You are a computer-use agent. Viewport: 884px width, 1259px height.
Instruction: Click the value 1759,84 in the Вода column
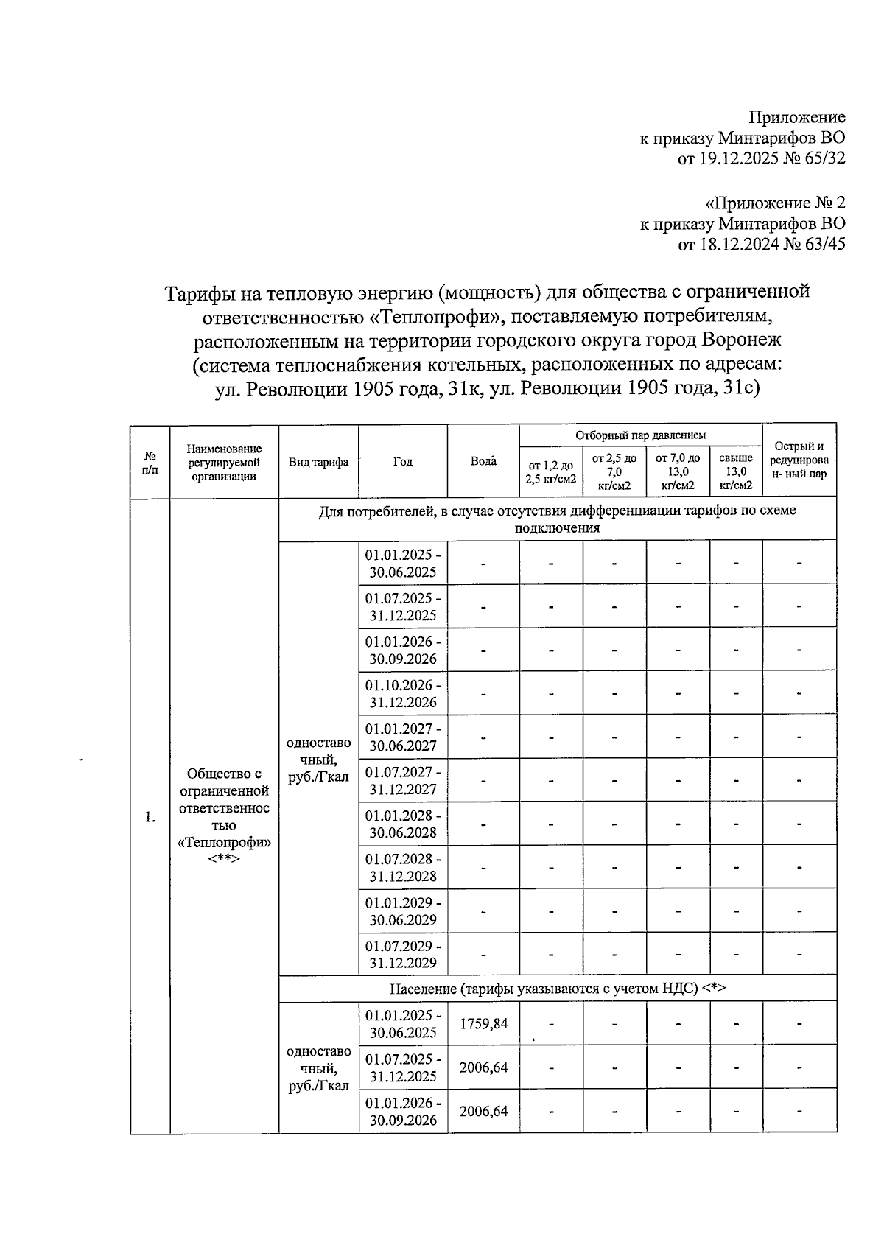point(483,1023)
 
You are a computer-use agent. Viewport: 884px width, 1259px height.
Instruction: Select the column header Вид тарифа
point(318,463)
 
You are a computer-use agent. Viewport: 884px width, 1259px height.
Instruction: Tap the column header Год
point(403,462)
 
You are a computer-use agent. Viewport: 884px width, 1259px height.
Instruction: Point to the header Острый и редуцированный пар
point(799,460)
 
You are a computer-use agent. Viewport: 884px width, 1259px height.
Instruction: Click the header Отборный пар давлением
point(640,435)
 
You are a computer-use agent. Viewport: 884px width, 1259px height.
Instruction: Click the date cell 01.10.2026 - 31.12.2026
point(403,694)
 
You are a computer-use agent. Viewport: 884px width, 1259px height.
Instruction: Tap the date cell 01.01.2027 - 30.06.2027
point(403,737)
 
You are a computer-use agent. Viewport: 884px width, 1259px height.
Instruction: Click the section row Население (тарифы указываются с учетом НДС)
point(557,989)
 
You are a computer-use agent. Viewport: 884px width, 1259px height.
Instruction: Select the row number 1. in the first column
point(150,817)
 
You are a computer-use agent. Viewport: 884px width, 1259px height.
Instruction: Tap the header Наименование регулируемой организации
point(224,462)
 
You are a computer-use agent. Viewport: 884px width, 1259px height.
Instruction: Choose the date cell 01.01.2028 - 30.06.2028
point(403,824)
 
